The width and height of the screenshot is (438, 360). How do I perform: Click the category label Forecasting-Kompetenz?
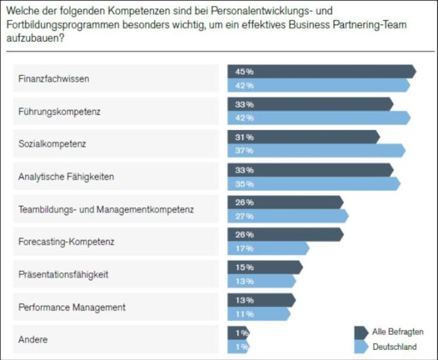pos(66,241)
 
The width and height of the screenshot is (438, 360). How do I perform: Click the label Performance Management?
pos(72,307)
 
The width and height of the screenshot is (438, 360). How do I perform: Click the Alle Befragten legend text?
pos(398,332)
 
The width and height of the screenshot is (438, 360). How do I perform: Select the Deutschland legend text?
pos(394,347)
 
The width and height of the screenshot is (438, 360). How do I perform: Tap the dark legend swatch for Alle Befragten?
pos(362,332)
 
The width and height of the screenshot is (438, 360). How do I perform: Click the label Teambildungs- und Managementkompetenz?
pos(106,209)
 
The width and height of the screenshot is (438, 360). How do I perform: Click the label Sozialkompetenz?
pos(52,144)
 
